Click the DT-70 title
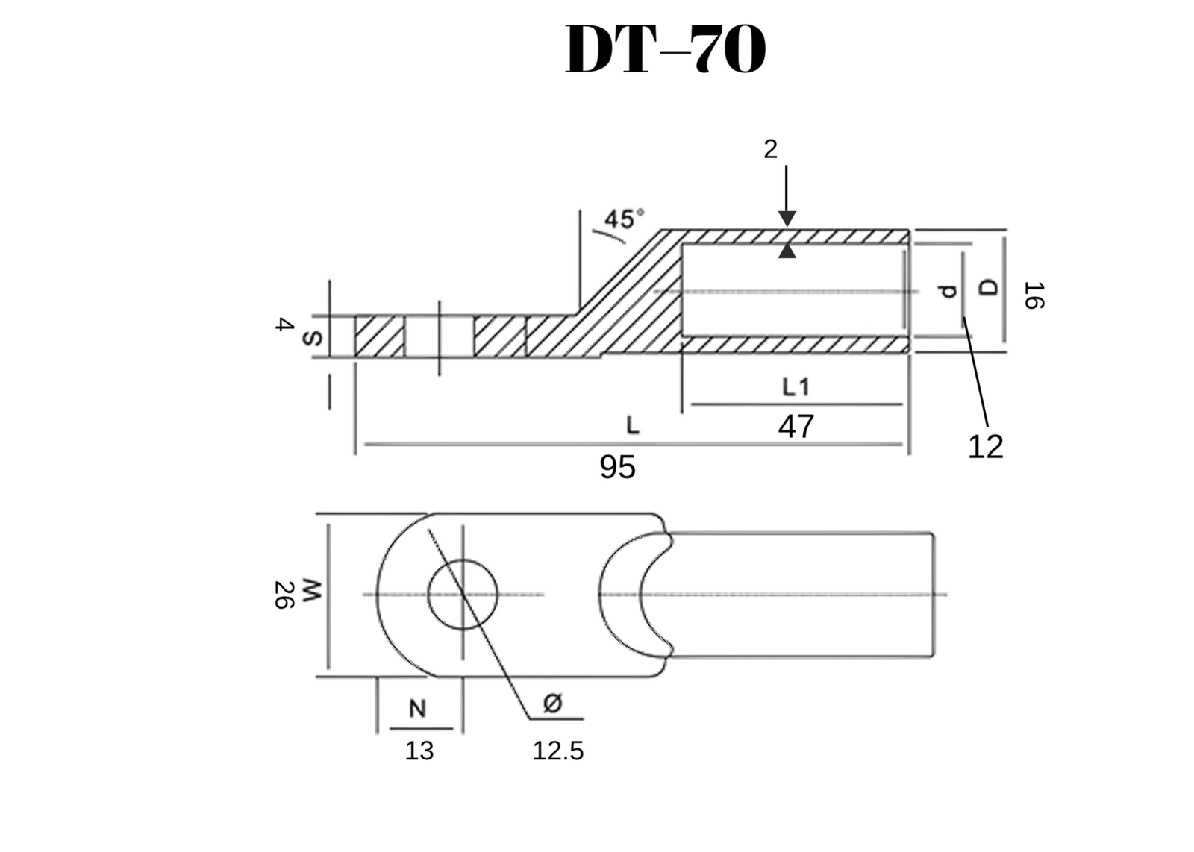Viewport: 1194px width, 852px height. click(666, 50)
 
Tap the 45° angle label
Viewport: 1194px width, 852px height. click(623, 219)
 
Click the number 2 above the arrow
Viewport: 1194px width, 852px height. click(770, 150)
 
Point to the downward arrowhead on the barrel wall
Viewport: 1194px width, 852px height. click(787, 219)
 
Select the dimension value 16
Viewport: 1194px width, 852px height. click(1034, 295)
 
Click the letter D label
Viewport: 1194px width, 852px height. click(989, 287)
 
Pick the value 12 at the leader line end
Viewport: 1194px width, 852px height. click(985, 447)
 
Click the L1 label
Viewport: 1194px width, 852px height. click(796, 386)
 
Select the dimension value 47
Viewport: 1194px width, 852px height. click(796, 427)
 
